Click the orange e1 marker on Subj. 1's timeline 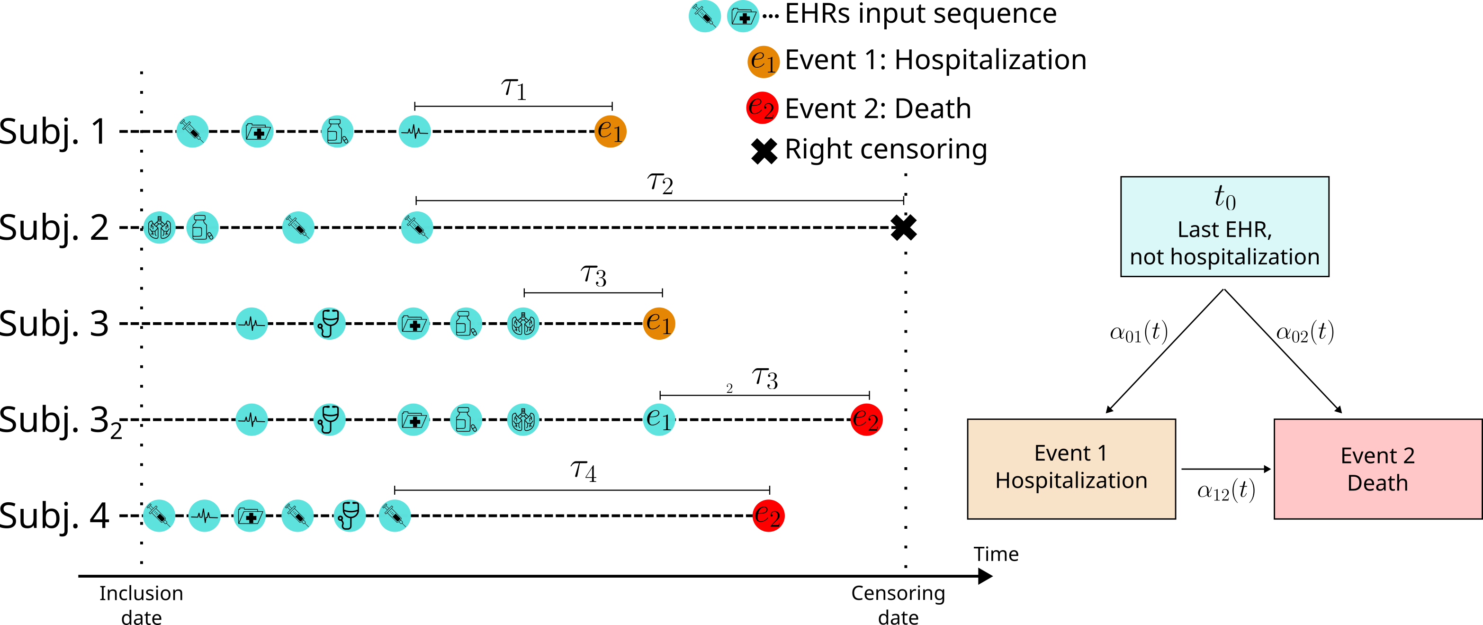tap(610, 131)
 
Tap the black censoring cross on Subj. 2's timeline tap(903, 227)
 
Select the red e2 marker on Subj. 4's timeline tap(768, 515)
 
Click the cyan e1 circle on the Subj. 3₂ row tap(658, 419)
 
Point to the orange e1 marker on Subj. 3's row tap(658, 323)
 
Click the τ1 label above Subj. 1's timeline tap(513, 88)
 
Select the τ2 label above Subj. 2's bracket tap(660, 183)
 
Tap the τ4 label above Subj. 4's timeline tap(583, 471)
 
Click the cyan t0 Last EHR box tap(1224, 226)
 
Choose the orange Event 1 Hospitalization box tap(1071, 468)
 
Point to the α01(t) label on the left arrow tap(1138, 332)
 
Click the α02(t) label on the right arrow tap(1304, 332)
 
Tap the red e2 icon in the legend tap(762, 108)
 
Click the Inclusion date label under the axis tap(141, 604)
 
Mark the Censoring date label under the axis tap(898, 604)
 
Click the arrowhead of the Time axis tap(985, 575)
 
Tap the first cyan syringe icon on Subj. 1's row tap(192, 131)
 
